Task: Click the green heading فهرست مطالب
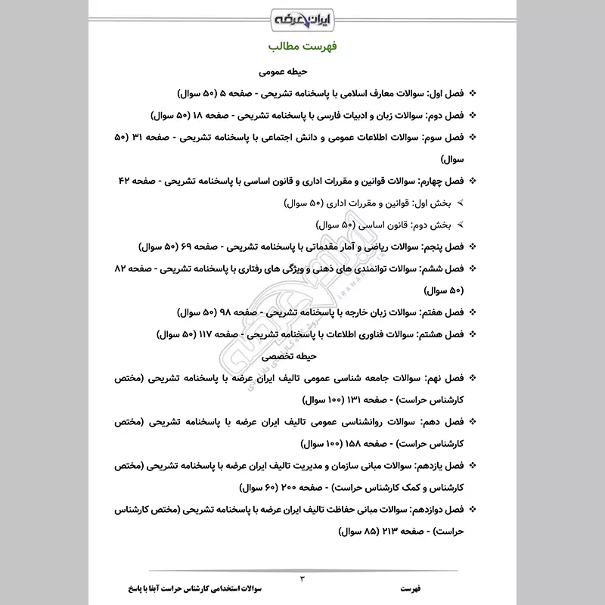tap(302, 47)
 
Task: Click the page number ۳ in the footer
tap(302, 579)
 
